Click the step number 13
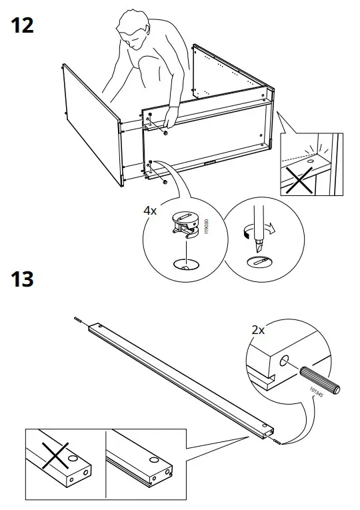22,278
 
